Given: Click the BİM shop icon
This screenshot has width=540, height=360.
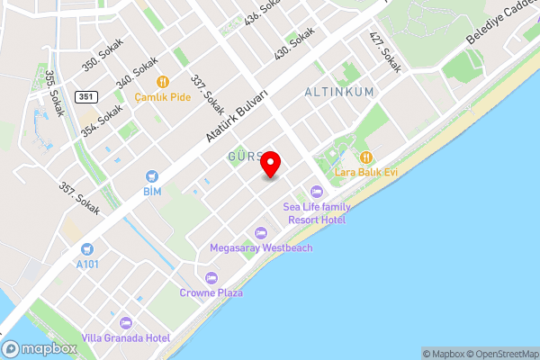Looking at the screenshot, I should (152, 175).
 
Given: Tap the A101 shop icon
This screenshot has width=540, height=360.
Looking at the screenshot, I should (87, 248).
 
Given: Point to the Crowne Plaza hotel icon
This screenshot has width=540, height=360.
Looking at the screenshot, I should (211, 277).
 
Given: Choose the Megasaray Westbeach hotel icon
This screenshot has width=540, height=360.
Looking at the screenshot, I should (261, 232).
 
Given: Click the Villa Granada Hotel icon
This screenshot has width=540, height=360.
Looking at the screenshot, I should (125, 321).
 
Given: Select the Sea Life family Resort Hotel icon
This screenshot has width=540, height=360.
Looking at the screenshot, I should (316, 191).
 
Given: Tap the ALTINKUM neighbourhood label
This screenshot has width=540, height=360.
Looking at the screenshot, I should (338, 93).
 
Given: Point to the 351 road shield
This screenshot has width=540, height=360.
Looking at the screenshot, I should (85, 96).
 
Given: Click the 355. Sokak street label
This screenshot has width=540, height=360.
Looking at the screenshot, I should (53, 91).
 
